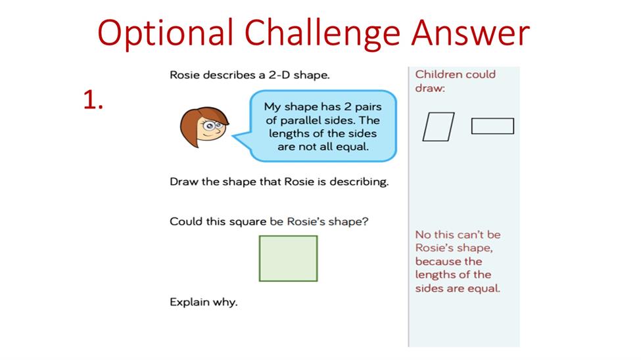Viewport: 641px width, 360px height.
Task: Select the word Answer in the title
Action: [470, 33]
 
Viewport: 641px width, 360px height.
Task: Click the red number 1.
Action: [93, 100]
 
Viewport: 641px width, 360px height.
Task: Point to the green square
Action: [288, 258]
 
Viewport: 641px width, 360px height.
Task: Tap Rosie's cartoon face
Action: [204, 127]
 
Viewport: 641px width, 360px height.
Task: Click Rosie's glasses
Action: [213, 125]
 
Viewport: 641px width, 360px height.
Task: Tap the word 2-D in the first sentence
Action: [279, 75]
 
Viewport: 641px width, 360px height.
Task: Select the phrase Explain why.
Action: [204, 302]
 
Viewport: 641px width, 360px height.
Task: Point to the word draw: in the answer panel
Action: [430, 88]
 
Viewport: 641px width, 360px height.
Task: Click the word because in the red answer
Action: [438, 261]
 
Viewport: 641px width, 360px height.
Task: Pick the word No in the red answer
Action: [423, 235]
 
